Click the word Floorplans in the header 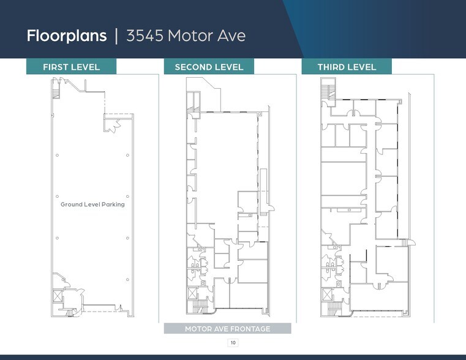pos(67,36)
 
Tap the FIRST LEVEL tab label pos(71,67)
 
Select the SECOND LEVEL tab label pos(209,67)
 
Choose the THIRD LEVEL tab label pos(347,67)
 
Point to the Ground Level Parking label pos(92,204)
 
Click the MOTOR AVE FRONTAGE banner pos(227,329)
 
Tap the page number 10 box pos(233,342)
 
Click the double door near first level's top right pos(110,127)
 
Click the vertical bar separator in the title pos(116,36)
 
